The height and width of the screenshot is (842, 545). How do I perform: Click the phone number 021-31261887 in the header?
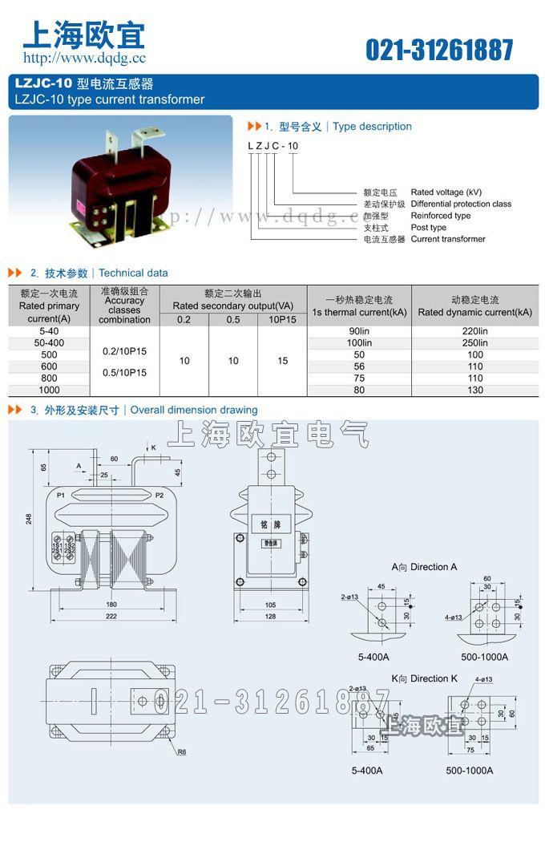pyautogui.click(x=439, y=50)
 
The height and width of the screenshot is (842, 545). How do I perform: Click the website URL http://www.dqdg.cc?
pyautogui.click(x=84, y=58)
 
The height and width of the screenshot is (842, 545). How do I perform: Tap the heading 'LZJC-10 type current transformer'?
pyautogui.click(x=110, y=100)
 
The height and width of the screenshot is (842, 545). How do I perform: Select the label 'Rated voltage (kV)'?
pyautogui.click(x=446, y=192)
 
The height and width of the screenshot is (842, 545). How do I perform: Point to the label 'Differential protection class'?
pyautogui.click(x=461, y=204)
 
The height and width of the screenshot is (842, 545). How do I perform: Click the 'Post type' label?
pyautogui.click(x=429, y=228)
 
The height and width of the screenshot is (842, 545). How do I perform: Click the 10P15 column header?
pyautogui.click(x=282, y=319)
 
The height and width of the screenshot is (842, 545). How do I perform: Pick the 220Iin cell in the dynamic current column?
pyautogui.click(x=474, y=331)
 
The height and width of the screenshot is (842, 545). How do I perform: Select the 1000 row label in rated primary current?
pyautogui.click(x=49, y=390)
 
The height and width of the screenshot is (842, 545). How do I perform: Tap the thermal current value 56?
pyautogui.click(x=359, y=366)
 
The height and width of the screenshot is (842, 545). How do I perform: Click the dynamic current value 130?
pyautogui.click(x=474, y=391)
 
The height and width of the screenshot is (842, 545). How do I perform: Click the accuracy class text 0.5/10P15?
pyautogui.click(x=124, y=372)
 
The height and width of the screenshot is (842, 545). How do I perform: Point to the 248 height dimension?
pyautogui.click(x=29, y=519)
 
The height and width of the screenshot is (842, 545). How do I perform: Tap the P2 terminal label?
pyautogui.click(x=159, y=496)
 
